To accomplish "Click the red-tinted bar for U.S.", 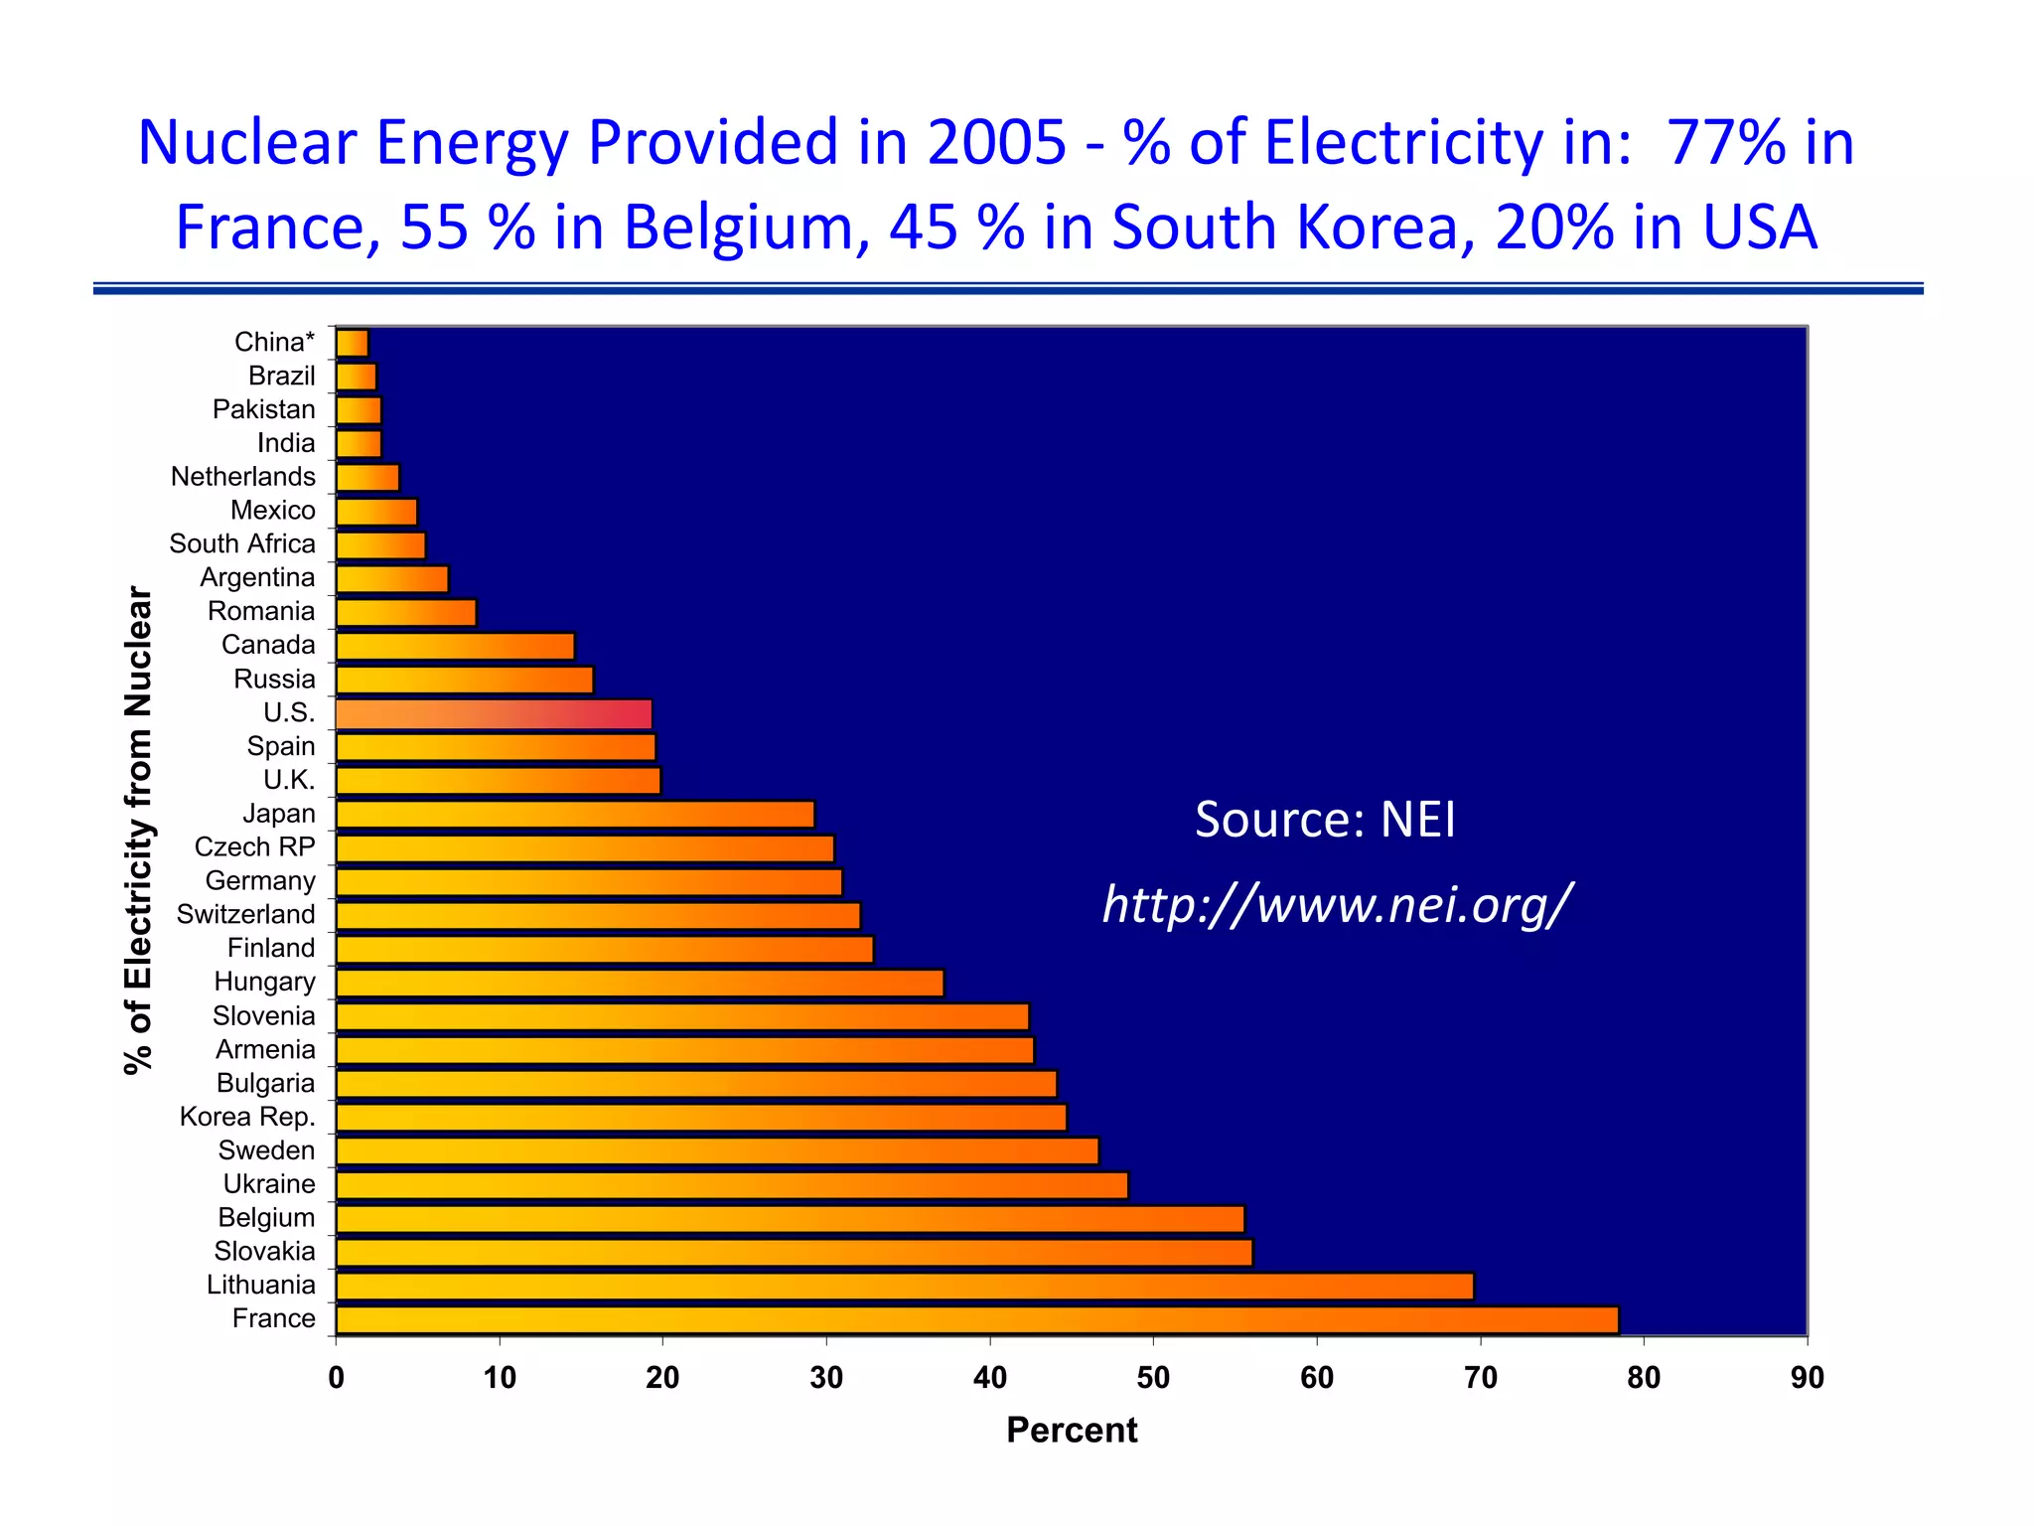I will click(494, 713).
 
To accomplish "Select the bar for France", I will click(976, 1319).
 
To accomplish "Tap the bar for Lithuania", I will click(904, 1286).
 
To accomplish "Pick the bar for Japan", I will click(575, 815).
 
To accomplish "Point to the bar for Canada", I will click(455, 646).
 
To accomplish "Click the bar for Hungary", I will click(640, 983).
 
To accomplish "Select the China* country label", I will click(274, 342).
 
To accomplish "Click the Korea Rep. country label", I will click(247, 1117).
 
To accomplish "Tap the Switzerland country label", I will click(245, 914).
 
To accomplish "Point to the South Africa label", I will click(242, 543).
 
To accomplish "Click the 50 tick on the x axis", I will click(1153, 1378).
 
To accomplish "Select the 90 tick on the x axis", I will click(1807, 1378).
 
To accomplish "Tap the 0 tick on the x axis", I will click(337, 1378).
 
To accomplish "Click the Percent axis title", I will click(1072, 1430).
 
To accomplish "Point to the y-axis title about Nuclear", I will click(139, 830).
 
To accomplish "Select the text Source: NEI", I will click(1325, 820).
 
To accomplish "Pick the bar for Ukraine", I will click(732, 1184).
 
